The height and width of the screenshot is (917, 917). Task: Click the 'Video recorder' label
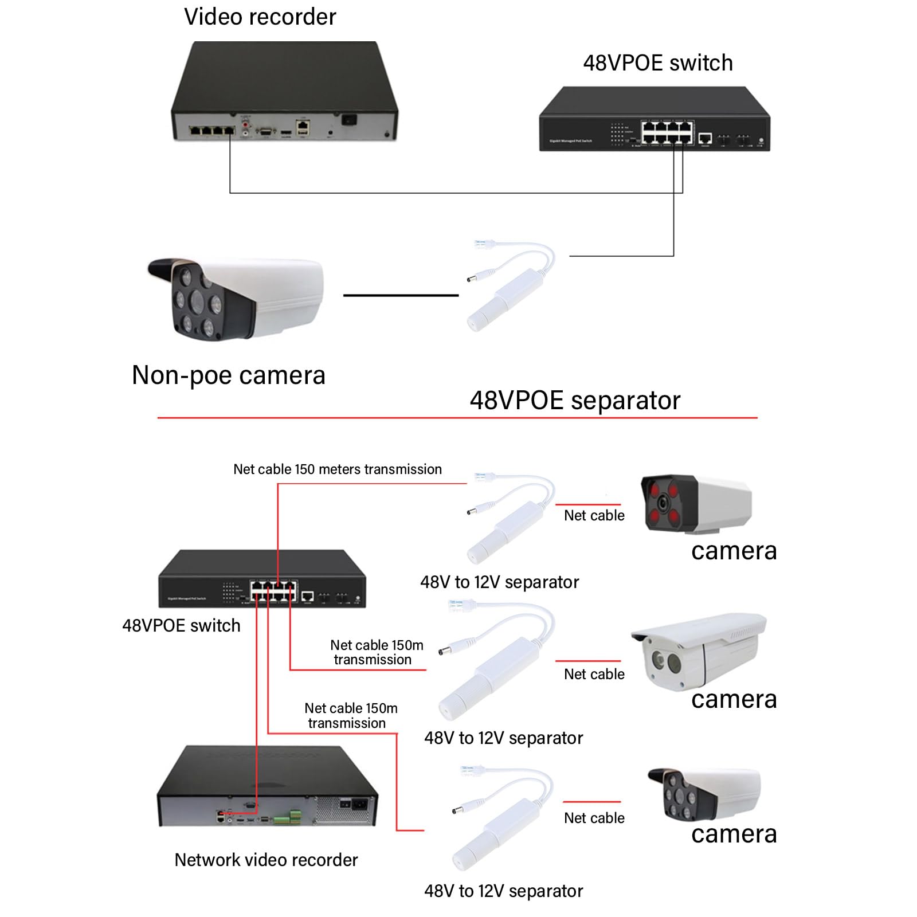(260, 17)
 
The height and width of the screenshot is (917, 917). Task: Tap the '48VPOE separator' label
(575, 400)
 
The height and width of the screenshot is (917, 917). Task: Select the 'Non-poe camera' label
(229, 375)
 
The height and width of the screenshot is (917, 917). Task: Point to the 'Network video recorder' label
(266, 860)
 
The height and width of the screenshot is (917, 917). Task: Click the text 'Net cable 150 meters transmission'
(338, 469)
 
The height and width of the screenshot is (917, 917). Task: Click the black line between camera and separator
(401, 295)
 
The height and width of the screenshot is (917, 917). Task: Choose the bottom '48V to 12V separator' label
(503, 891)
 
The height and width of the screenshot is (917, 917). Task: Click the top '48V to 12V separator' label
(499, 582)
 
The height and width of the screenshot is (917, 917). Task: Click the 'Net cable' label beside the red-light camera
(594, 515)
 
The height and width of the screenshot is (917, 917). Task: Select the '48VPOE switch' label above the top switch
(657, 63)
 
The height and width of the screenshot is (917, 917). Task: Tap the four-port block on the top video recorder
(212, 131)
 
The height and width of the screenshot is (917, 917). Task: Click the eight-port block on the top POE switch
(667, 132)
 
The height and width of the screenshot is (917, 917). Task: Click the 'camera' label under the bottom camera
(734, 834)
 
